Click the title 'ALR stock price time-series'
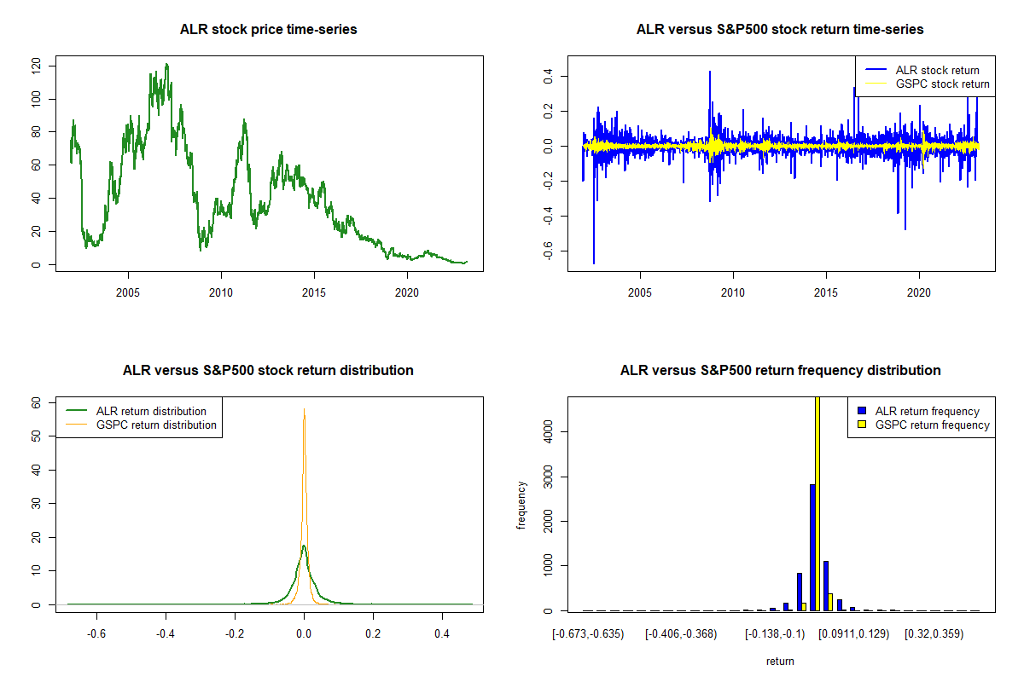[268, 30]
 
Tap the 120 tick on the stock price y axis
[36, 66]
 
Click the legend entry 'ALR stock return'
[937, 70]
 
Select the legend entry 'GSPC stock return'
[942, 84]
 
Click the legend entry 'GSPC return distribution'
[156, 425]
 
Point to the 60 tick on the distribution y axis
[36, 402]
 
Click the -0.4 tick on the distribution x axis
[166, 634]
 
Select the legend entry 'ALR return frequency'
[927, 411]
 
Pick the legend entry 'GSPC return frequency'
[932, 425]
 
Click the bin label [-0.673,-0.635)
[589, 634]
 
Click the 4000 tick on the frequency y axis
[548, 432]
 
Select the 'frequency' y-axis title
[521, 506]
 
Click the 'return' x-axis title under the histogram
[780, 661]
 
